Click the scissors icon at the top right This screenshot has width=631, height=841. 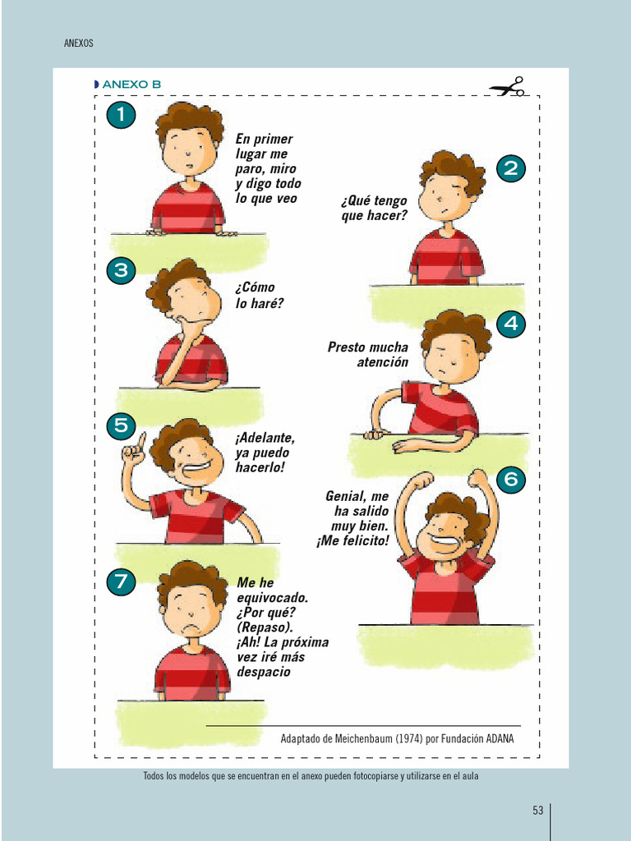click(x=506, y=87)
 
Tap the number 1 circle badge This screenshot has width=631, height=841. click(x=121, y=115)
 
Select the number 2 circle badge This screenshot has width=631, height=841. click(x=511, y=169)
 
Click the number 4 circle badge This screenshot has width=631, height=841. click(x=511, y=324)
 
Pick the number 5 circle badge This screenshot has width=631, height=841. click(x=121, y=425)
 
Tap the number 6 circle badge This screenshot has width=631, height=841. click(x=511, y=479)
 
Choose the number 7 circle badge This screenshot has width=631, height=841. click(x=121, y=582)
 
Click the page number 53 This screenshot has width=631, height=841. click(x=538, y=811)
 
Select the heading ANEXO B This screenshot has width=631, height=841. click(x=131, y=85)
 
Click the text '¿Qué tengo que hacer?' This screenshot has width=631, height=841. click(x=374, y=208)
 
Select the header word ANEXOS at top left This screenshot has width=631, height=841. click(x=79, y=44)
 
